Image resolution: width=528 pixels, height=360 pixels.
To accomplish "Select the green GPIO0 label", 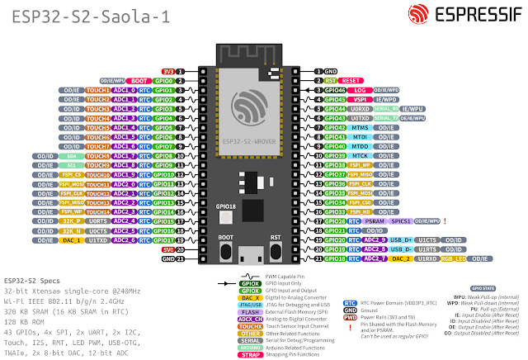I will click(x=163, y=82).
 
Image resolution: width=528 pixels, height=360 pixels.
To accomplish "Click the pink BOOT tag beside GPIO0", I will click(x=139, y=82).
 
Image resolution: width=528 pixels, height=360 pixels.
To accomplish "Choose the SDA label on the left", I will click(x=71, y=155).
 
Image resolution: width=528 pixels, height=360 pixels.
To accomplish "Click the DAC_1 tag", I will click(x=71, y=240).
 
